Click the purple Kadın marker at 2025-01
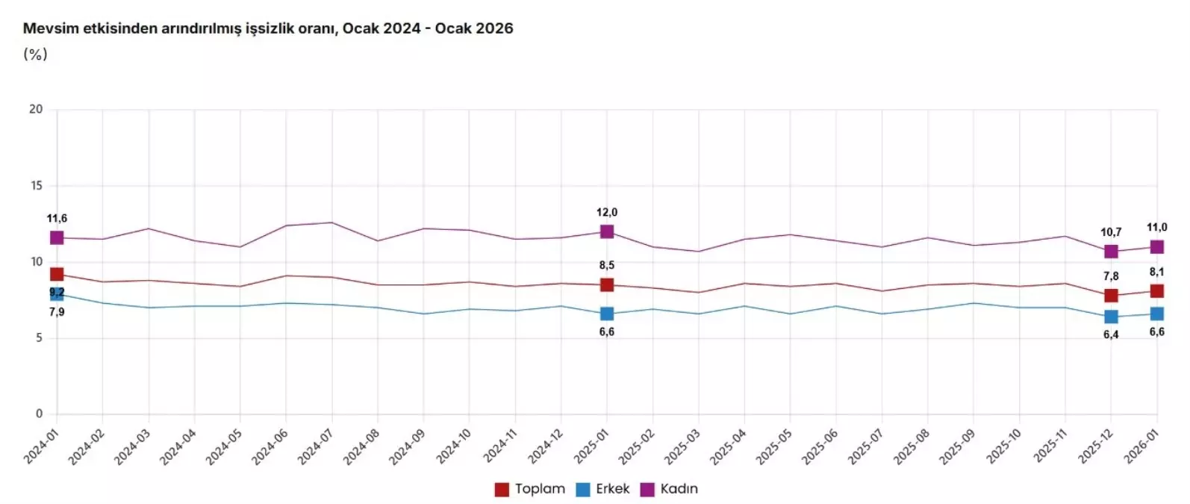pyautogui.click(x=607, y=232)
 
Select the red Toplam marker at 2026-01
pyautogui.click(x=1156, y=291)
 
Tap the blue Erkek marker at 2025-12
pyautogui.click(x=1111, y=317)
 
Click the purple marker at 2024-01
pyautogui.click(x=57, y=237)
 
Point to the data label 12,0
pyautogui.click(x=607, y=213)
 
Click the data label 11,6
pyautogui.click(x=57, y=219)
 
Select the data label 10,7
pyautogui.click(x=1111, y=232)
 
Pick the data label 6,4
pyautogui.click(x=1111, y=335)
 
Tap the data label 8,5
pyautogui.click(x=607, y=265)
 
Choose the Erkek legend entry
pyautogui.click(x=603, y=489)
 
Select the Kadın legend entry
pyautogui.click(x=670, y=489)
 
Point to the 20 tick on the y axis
pyautogui.click(x=36, y=109)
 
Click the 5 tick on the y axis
pyautogui.click(x=39, y=337)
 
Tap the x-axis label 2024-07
pyautogui.click(x=317, y=447)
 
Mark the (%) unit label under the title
pyautogui.click(x=35, y=54)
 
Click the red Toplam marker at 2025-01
pyautogui.click(x=607, y=284)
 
